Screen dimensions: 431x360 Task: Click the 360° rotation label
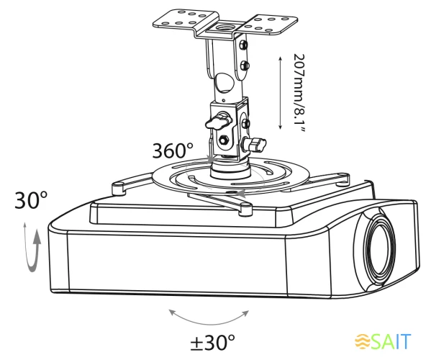(173, 150)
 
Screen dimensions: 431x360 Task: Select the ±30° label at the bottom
(213, 342)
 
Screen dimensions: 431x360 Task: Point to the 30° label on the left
(31, 200)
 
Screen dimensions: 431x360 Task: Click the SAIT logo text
(391, 341)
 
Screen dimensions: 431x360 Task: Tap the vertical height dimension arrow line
(280, 93)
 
